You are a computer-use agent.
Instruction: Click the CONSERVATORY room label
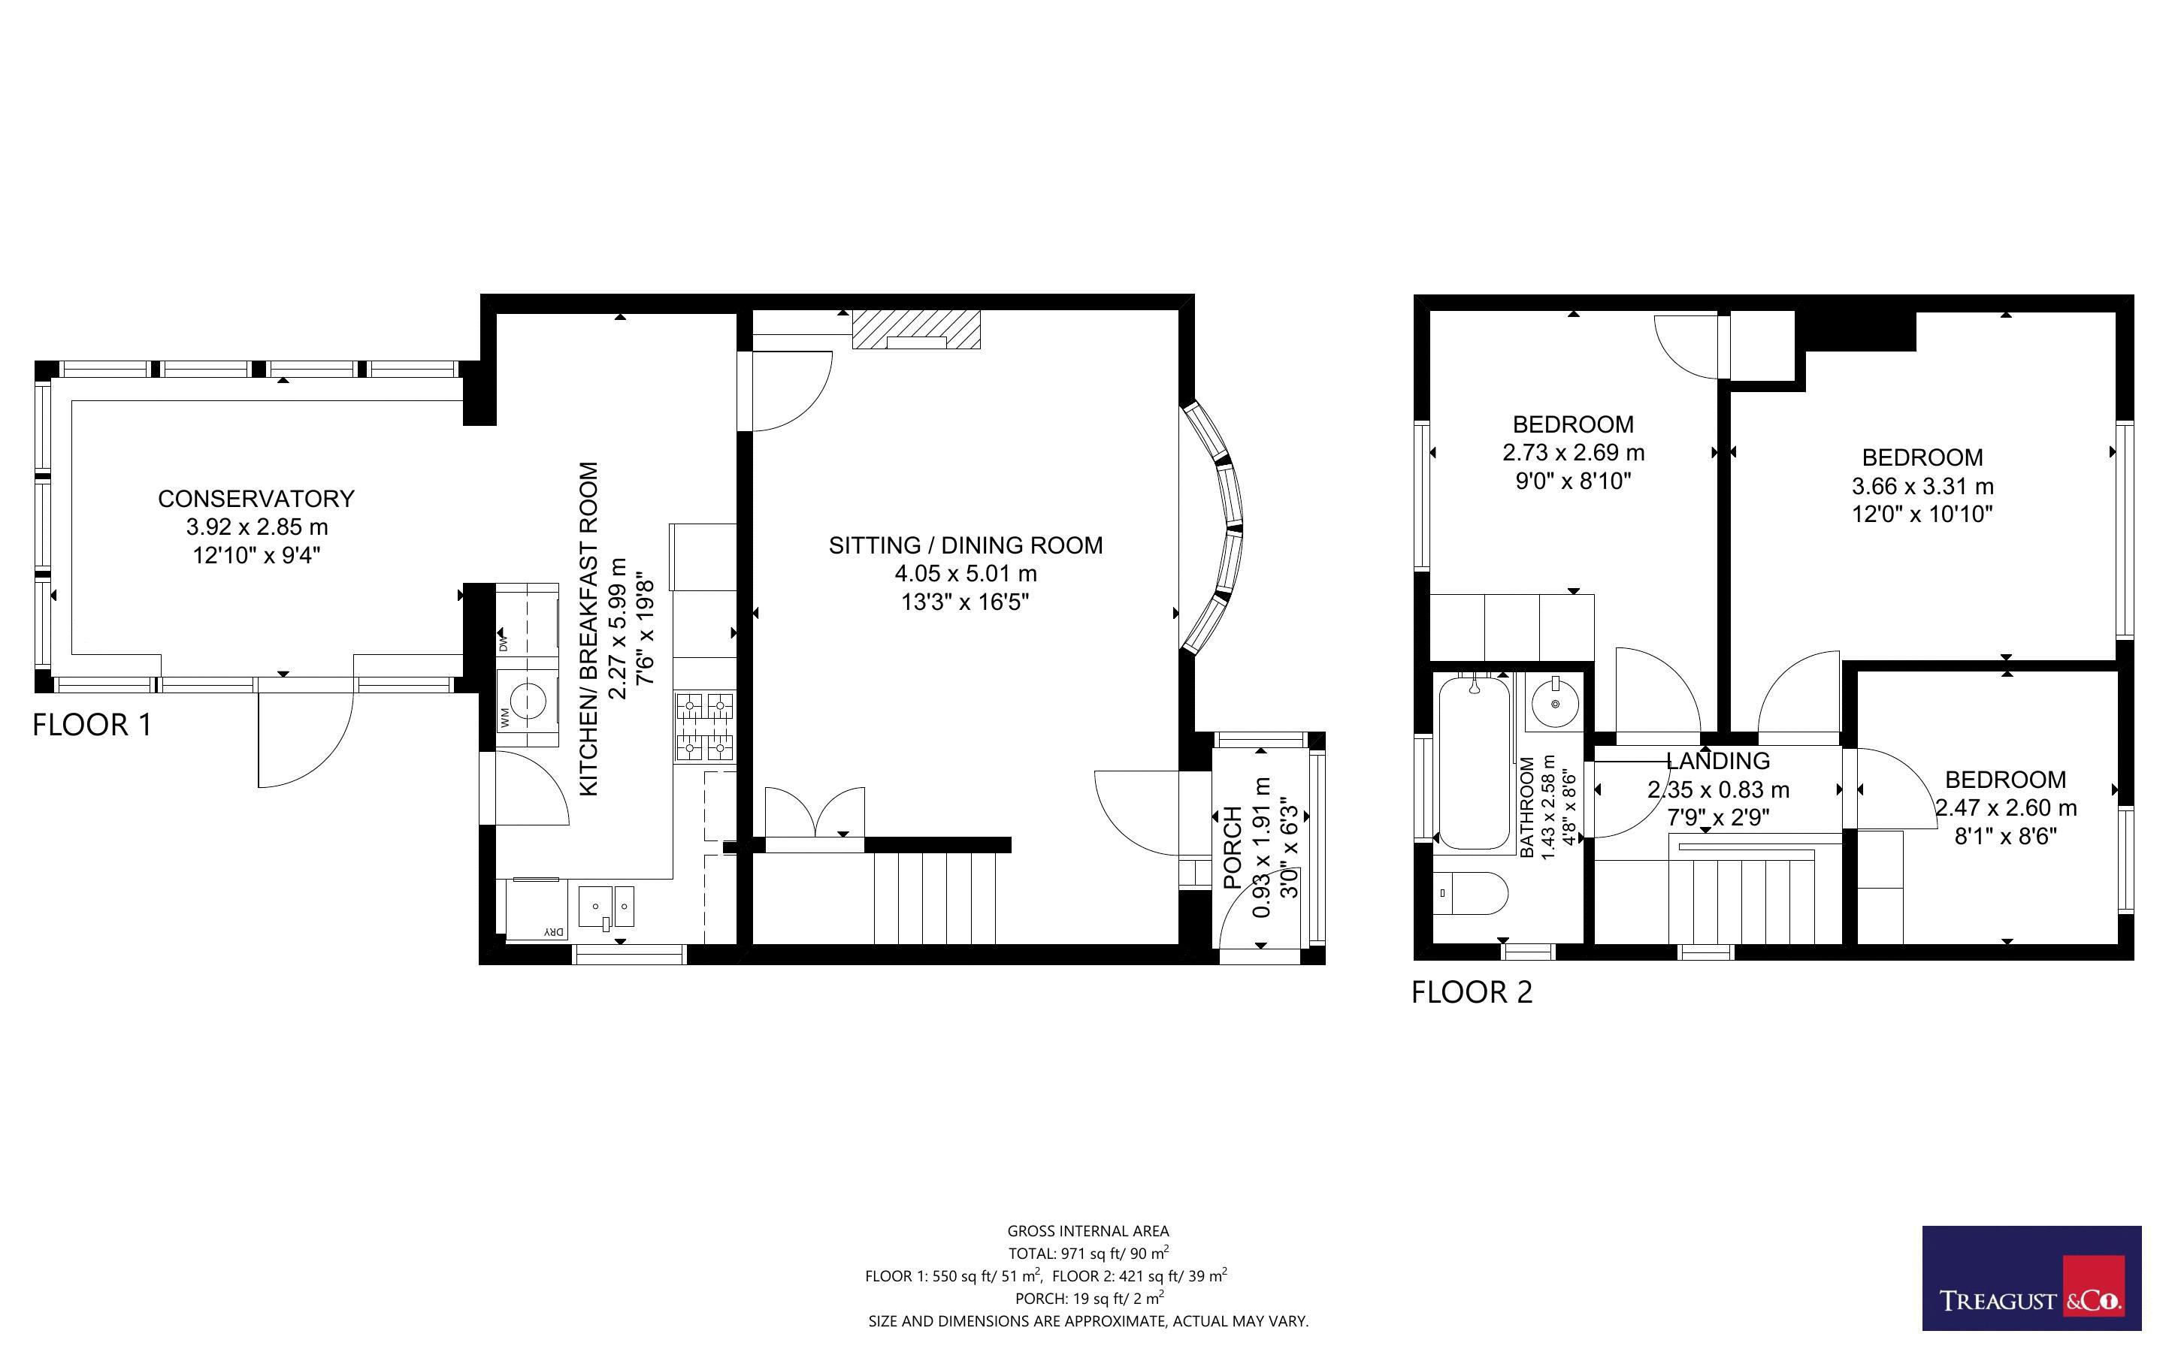256,499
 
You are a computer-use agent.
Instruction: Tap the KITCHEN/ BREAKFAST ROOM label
588,629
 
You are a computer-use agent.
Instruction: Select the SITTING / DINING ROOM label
966,545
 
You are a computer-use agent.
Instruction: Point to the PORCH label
1233,848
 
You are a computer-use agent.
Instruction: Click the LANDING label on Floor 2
1718,761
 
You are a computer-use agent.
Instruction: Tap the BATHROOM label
1527,807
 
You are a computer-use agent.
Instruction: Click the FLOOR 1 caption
92,725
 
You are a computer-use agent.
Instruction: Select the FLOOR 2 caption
1472,992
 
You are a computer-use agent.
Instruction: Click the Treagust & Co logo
2031,1278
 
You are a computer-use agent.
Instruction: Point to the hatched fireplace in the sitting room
916,329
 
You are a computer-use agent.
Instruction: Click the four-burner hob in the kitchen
704,726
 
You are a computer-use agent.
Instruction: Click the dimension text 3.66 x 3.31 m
1922,487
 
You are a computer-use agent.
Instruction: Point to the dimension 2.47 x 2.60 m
2005,808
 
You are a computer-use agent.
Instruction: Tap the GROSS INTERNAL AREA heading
1088,1231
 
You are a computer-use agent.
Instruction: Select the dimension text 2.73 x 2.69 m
1573,453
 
